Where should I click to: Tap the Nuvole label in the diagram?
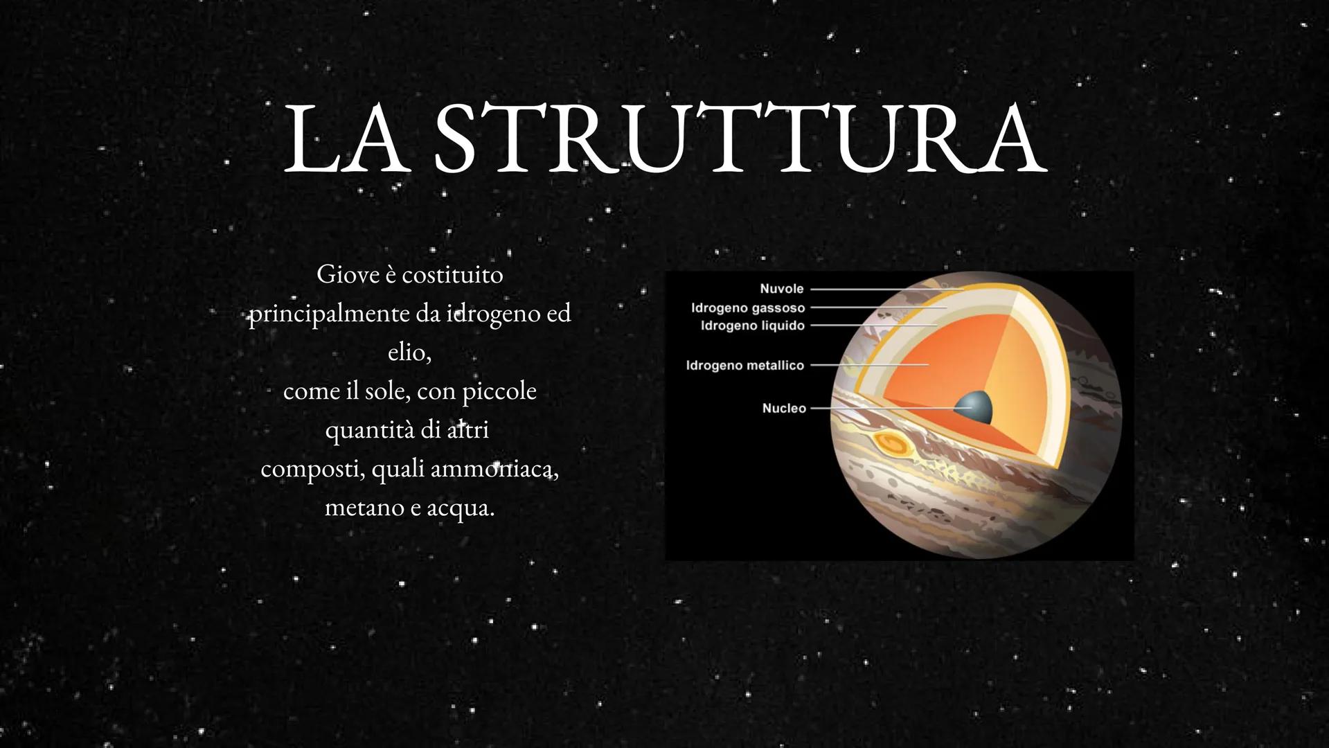tap(781, 289)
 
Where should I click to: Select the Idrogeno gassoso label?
tap(748, 308)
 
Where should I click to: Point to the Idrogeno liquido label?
tap(753, 326)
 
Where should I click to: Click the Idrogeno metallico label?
tap(745, 365)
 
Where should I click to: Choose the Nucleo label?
tap(784, 409)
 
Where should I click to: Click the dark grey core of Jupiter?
tap(974, 407)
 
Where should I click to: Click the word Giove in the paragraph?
tap(347, 275)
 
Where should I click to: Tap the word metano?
tap(364, 508)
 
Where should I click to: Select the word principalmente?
tap(329, 314)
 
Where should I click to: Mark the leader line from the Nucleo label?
tap(886, 409)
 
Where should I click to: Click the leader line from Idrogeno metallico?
tap(869, 364)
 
